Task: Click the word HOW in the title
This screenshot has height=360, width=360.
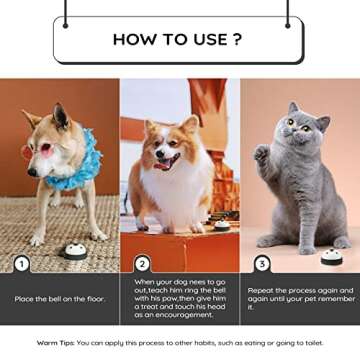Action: tap(134, 40)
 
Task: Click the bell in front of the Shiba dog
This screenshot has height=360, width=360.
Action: tap(75, 250)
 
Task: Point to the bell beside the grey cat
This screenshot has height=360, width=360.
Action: tap(331, 255)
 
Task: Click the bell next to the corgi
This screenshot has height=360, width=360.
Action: tap(222, 225)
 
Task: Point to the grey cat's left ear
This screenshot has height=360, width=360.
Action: tap(294, 108)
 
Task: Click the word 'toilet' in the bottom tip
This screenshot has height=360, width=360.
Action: tap(311, 341)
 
